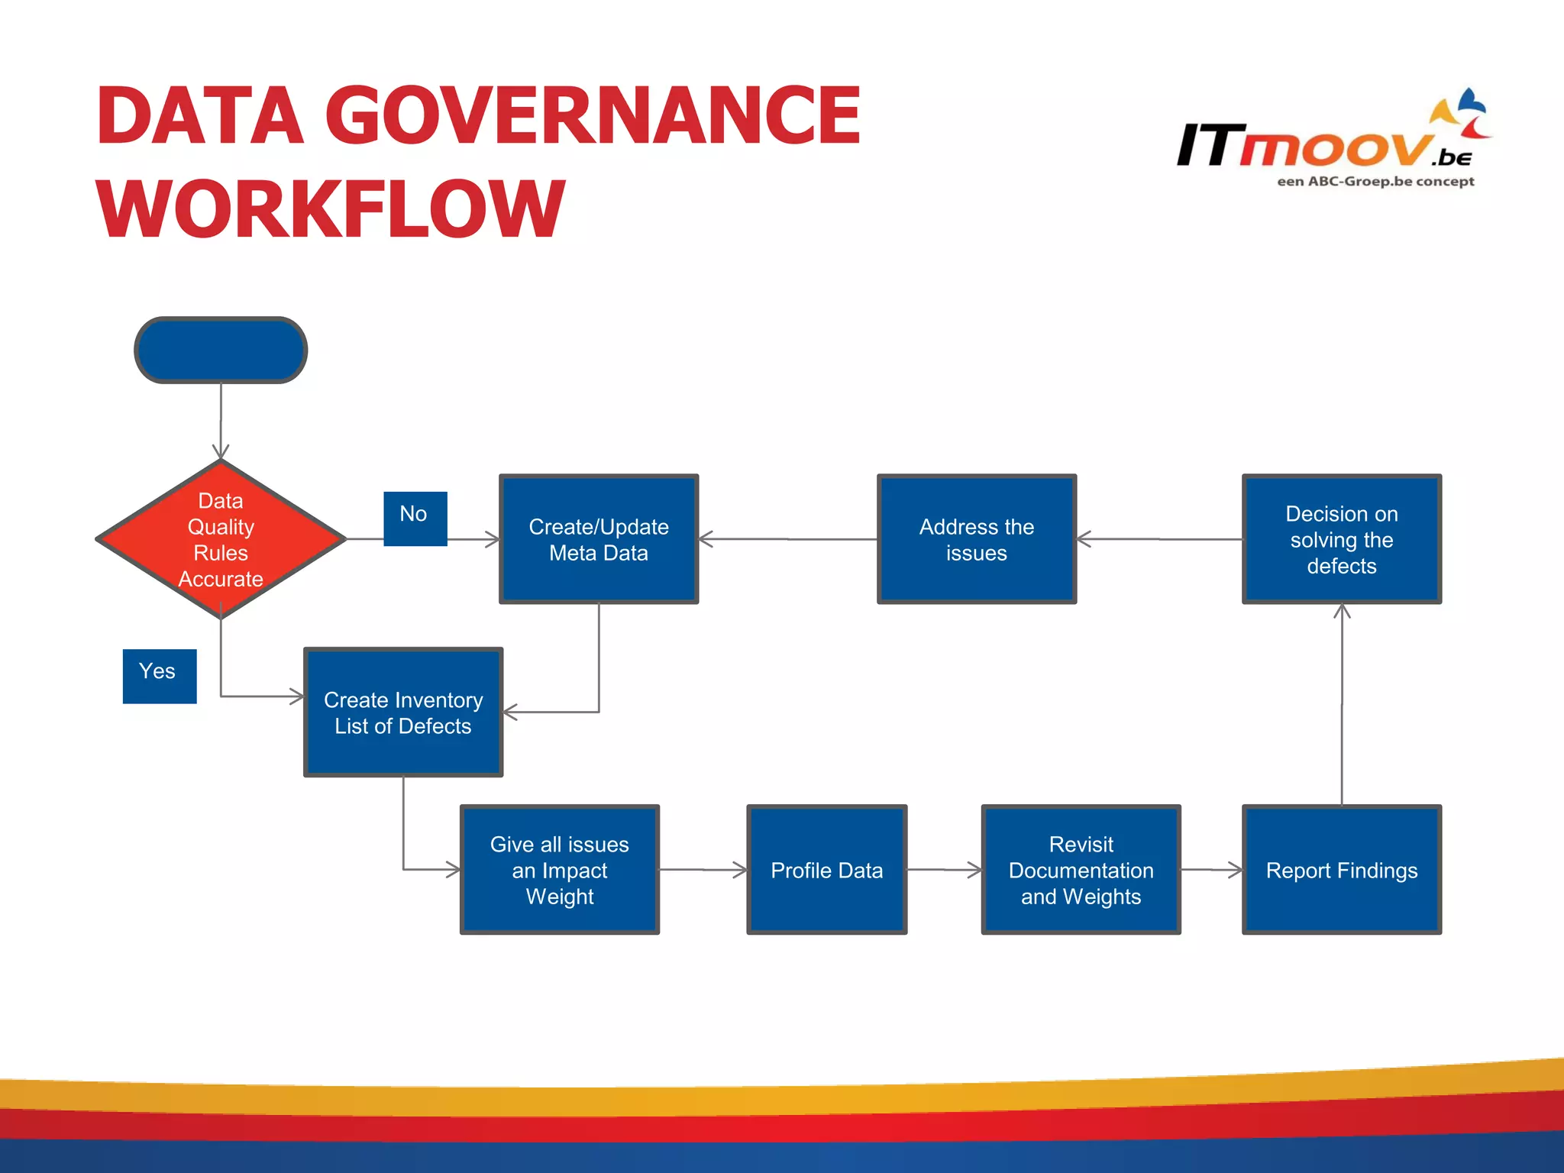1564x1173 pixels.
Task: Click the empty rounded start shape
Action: [x=221, y=350]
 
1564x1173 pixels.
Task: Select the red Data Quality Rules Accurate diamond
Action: [x=221, y=539]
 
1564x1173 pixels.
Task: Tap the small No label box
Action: [x=415, y=519]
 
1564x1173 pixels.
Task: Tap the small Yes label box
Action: [x=159, y=676]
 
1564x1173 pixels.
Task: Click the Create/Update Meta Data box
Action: [x=599, y=539]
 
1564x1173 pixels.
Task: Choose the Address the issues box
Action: [x=976, y=539]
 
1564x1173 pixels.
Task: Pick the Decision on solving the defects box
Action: [x=1341, y=539]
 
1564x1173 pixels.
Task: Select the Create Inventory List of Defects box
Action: [x=403, y=713]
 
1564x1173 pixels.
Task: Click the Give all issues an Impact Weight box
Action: [x=559, y=870]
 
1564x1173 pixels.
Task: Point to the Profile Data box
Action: [x=826, y=870]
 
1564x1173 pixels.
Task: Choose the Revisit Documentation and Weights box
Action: [x=1081, y=870]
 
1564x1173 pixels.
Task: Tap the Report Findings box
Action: [x=1341, y=870]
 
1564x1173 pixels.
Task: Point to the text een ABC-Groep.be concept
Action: [x=1375, y=182]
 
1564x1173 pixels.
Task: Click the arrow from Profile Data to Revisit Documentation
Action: [x=944, y=869]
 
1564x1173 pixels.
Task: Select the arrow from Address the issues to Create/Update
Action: [x=787, y=539]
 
